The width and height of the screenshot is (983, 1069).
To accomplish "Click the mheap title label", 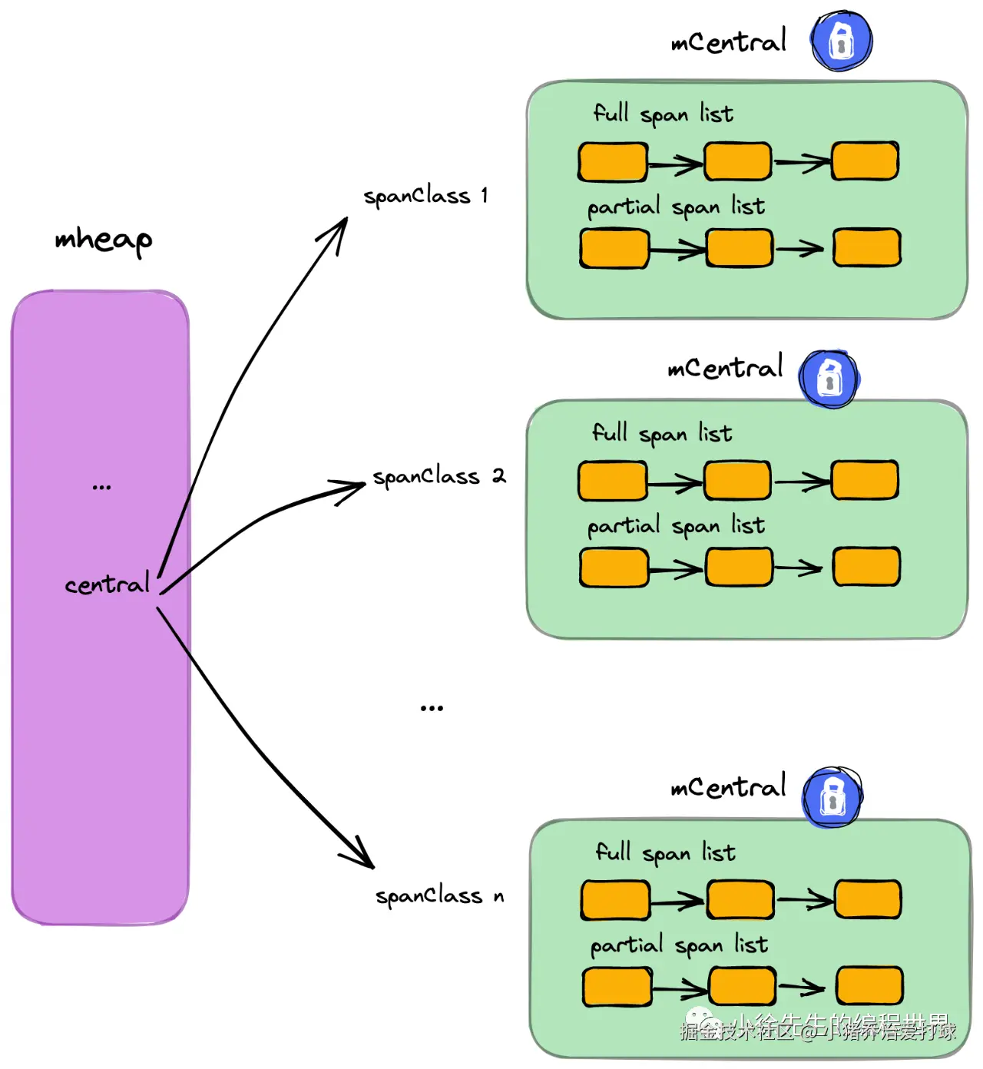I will click(x=103, y=240).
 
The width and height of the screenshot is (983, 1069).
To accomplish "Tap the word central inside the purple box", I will click(x=107, y=584).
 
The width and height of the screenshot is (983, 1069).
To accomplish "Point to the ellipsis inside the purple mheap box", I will click(x=101, y=487).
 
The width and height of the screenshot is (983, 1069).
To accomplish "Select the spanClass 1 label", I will click(x=425, y=197).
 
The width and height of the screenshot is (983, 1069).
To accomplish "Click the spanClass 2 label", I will click(x=439, y=477).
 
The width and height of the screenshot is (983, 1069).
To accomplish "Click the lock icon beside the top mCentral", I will click(x=842, y=41).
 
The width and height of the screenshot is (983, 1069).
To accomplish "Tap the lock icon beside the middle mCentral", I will click(x=829, y=379).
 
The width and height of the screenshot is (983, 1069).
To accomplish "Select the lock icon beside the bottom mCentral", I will click(x=832, y=796).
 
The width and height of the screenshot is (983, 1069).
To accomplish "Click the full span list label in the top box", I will click(x=663, y=114).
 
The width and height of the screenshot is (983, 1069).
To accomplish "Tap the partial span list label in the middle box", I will click(x=676, y=527).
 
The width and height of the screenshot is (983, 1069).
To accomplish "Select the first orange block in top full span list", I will click(x=612, y=162).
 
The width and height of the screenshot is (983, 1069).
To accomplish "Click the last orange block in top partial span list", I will click(x=866, y=247).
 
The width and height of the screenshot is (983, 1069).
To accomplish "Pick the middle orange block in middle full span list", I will click(x=737, y=481).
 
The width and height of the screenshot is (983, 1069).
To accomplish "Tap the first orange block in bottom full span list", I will click(x=615, y=900).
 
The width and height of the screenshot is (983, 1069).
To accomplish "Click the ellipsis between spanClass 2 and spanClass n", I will click(x=432, y=708).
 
